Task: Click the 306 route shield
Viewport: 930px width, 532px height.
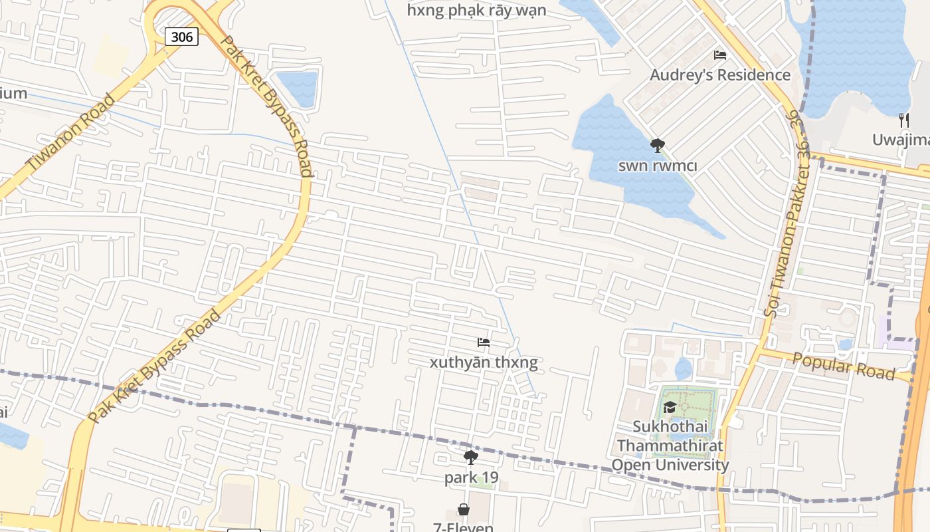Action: (x=181, y=37)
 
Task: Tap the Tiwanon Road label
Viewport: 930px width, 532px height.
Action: (x=70, y=132)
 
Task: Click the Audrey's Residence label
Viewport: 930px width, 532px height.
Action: (x=720, y=74)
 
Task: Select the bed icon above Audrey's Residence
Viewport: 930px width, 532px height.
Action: (x=720, y=55)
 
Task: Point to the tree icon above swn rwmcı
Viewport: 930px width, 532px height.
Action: (x=658, y=145)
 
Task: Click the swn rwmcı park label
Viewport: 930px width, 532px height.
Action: (x=658, y=166)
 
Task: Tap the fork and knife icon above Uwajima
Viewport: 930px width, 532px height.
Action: (x=903, y=120)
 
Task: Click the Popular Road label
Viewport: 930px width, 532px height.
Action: (x=844, y=366)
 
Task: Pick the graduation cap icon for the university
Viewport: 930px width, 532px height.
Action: (x=670, y=407)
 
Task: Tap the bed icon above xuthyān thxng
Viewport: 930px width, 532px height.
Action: (x=484, y=342)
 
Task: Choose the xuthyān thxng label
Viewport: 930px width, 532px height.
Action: (x=484, y=362)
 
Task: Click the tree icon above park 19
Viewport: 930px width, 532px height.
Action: (x=471, y=458)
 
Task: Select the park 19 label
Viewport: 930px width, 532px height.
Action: (x=471, y=477)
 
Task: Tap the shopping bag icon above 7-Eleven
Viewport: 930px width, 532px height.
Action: (x=464, y=509)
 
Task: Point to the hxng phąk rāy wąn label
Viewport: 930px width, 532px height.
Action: (x=476, y=10)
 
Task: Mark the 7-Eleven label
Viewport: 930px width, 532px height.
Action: (x=464, y=527)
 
